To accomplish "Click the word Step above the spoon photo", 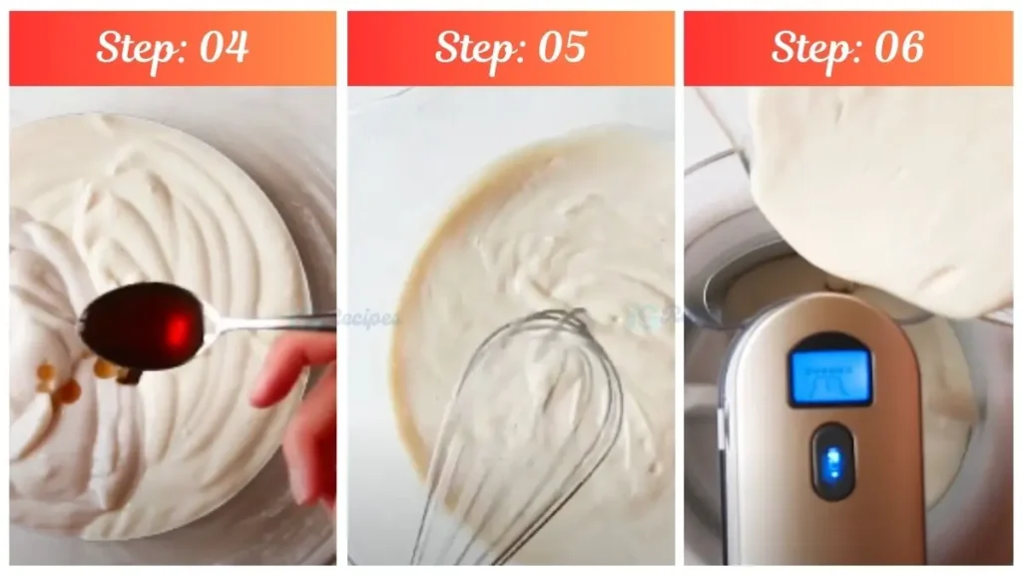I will click(136, 48).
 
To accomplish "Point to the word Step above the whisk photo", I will click(475, 48).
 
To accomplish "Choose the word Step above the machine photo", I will click(811, 48).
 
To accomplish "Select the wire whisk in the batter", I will click(519, 419).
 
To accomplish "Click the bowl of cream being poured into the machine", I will click(878, 190).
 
